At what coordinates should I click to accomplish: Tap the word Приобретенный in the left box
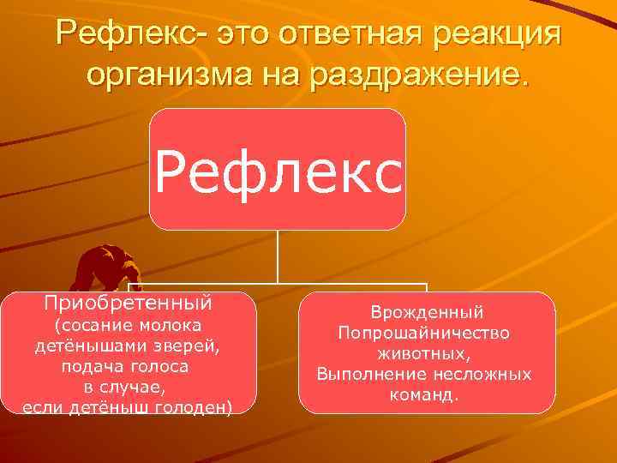pos(129,303)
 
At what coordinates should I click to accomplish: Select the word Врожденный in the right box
pos(427,313)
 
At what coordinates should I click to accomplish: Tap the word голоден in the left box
pos(194,405)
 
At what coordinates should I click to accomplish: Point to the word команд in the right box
pos(430,394)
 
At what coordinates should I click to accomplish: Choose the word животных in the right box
pos(427,353)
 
